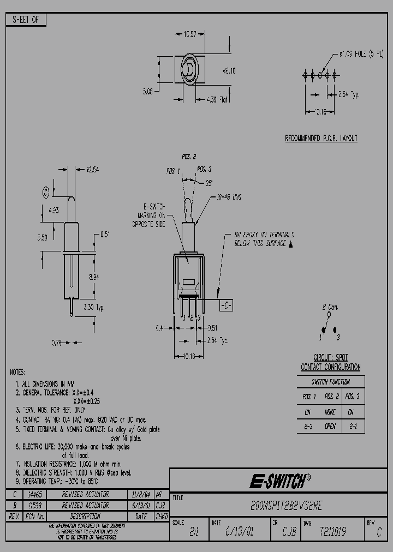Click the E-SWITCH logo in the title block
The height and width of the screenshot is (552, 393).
click(280, 481)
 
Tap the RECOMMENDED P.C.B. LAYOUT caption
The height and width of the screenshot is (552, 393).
click(321, 139)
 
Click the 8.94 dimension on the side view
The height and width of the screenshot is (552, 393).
click(94, 277)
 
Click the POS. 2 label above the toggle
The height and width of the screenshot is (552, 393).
click(189, 157)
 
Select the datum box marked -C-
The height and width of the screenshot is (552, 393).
click(226, 306)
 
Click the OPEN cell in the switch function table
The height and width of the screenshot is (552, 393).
click(330, 427)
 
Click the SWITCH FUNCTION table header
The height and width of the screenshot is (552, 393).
click(330, 382)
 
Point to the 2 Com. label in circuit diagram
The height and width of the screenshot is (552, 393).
click(331, 307)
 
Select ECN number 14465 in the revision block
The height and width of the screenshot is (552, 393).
click(34, 494)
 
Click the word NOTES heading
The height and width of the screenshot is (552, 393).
click(17, 372)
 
